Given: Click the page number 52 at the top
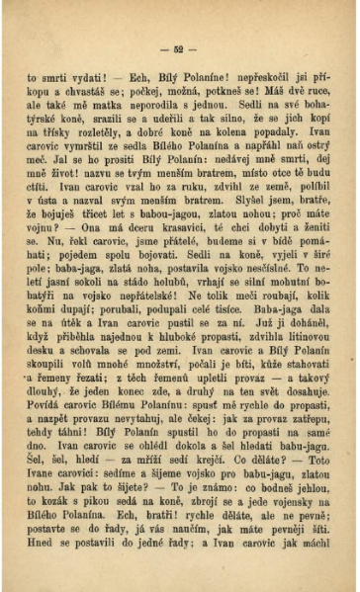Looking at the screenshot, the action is [x=179, y=48].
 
